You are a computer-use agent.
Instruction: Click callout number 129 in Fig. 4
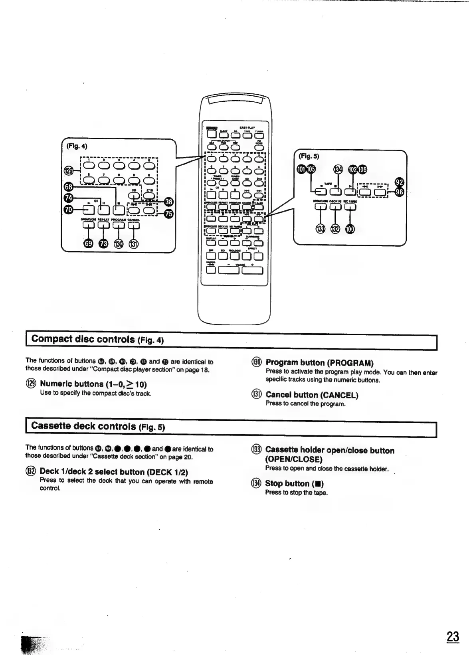tap(68, 171)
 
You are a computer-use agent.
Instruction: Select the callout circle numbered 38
tap(169, 202)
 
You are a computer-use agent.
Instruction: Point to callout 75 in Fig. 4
tap(169, 214)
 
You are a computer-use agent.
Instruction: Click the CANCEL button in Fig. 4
tap(133, 225)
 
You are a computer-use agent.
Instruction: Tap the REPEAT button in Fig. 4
tap(103, 225)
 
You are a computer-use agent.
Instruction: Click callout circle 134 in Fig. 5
tap(338, 170)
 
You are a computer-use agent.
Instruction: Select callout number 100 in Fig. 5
tap(350, 229)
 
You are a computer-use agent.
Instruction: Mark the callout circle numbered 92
tap(399, 182)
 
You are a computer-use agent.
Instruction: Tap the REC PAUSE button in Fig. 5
tap(350, 206)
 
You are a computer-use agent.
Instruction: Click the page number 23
tap(453, 636)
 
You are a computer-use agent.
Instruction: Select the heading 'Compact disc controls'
tap(83, 339)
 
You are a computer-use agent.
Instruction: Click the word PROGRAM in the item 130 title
tap(350, 363)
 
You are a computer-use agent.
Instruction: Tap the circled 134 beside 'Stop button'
tap(255, 484)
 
